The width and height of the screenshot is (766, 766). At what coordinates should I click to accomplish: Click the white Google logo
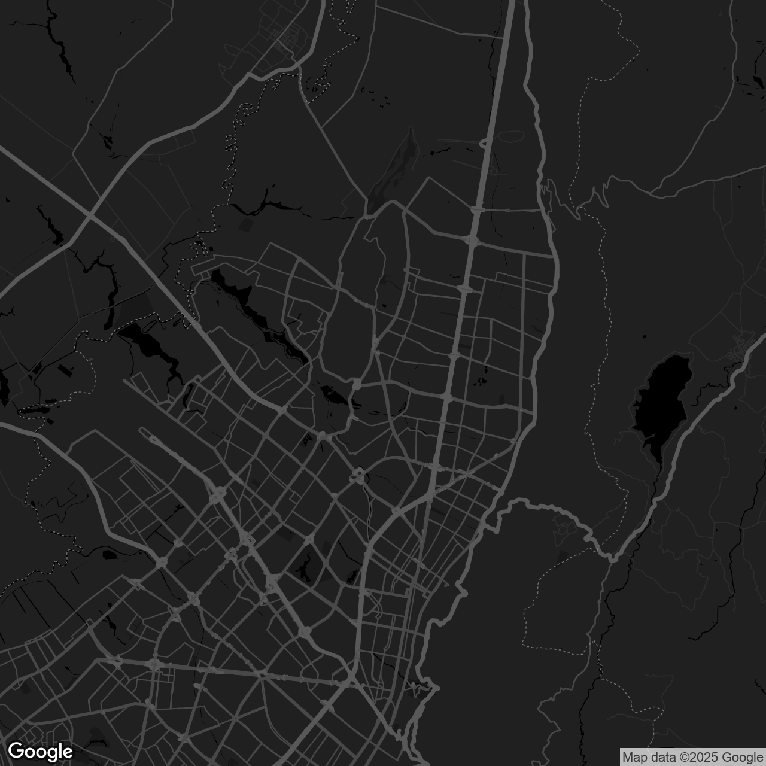pyautogui.click(x=40, y=751)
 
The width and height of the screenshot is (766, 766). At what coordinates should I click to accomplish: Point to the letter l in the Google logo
pyautogui.click(x=60, y=750)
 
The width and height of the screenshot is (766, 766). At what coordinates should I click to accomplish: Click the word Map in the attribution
pyautogui.click(x=634, y=758)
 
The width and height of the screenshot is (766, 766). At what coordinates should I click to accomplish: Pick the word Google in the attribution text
pyautogui.click(x=741, y=758)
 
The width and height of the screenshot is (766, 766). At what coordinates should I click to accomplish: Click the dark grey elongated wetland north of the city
pyautogui.click(x=392, y=168)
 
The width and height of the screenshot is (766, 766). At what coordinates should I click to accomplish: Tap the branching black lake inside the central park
pyautogui.click(x=331, y=395)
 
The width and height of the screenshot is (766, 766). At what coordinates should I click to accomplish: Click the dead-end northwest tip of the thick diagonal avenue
pyautogui.click(x=141, y=429)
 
